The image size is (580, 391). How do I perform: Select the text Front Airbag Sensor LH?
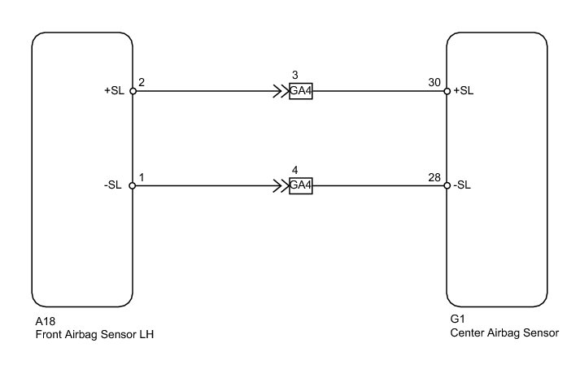pos(94,333)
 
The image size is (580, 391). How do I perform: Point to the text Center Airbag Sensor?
pos(504,333)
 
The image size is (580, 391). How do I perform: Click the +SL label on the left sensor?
pos(114,91)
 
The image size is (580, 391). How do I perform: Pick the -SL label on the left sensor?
pos(113,185)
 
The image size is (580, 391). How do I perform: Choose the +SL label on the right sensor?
pos(464,91)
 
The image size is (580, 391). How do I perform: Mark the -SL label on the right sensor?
pos(463,185)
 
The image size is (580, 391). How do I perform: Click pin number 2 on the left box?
pos(142,82)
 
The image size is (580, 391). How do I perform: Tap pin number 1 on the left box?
pos(142,176)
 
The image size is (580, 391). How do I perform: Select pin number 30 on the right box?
pos(434,82)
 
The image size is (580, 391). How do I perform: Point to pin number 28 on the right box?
pos(434,176)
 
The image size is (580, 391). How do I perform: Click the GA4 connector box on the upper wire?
pos(301,91)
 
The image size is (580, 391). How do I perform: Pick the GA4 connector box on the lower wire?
pos(301,185)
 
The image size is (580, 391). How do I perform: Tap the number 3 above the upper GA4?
pos(294,76)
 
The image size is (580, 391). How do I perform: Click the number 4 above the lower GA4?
pos(294,171)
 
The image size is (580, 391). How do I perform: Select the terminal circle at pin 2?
pos(133,91)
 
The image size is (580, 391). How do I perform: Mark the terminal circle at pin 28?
pos(447,185)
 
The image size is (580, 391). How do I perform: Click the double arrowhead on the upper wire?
pos(282,91)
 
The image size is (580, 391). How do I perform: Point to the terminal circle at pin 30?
pos(447,91)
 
